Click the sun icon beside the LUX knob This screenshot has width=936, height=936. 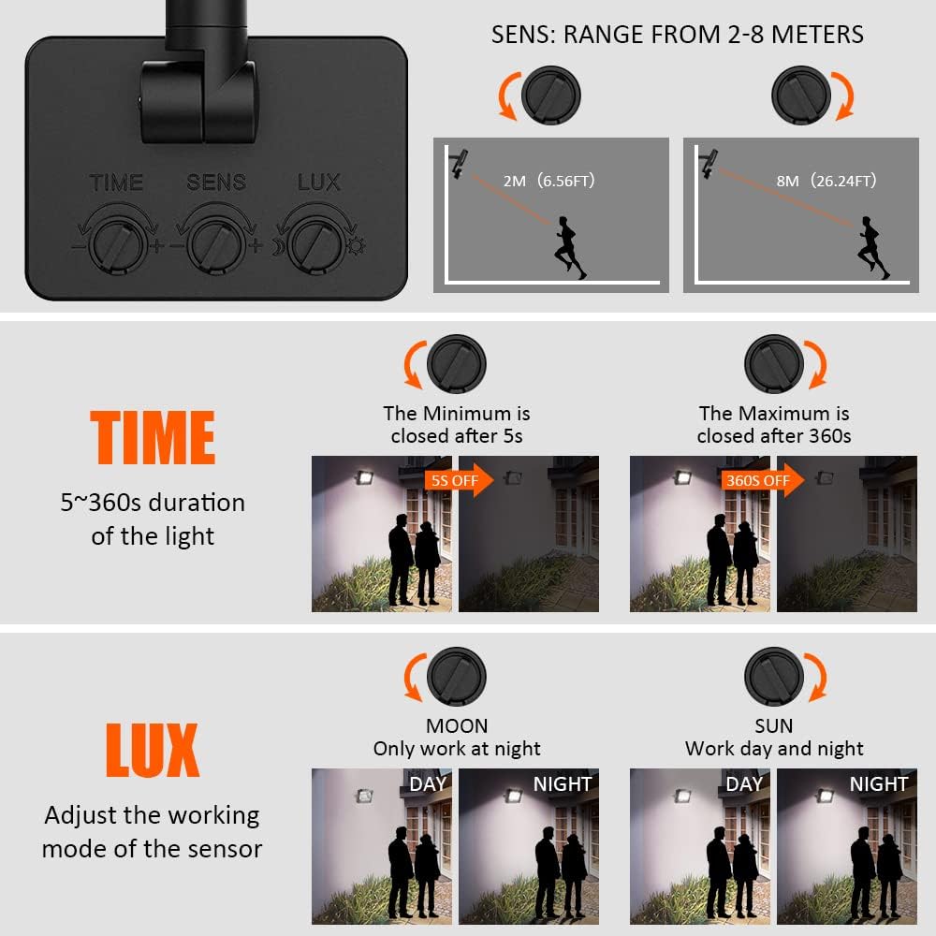357,245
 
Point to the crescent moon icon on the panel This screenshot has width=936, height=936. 278,246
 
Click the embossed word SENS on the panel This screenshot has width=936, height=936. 216,183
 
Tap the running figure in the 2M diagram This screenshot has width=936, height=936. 569,248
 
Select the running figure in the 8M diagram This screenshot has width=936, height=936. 873,248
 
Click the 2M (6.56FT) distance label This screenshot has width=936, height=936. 548,181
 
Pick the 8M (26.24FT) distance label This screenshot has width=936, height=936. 826,181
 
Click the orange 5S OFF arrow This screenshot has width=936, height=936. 459,480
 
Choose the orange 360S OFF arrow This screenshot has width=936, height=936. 762,480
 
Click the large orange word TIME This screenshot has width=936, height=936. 153,437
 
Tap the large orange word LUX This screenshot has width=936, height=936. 153,750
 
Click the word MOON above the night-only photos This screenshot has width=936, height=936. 457,726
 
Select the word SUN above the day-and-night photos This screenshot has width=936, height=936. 774,726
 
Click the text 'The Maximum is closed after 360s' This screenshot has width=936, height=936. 774,424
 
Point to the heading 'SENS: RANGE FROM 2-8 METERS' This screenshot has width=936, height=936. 677,35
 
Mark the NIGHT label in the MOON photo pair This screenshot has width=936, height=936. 563,783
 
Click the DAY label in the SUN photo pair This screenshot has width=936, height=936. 744,783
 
